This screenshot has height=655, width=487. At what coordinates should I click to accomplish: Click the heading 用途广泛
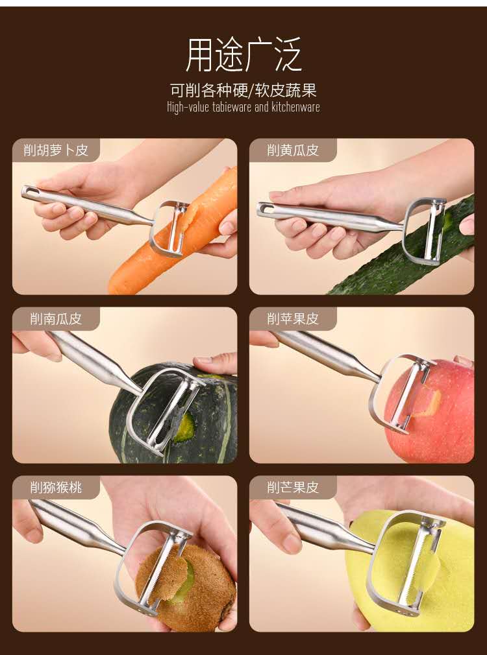[x=243, y=54]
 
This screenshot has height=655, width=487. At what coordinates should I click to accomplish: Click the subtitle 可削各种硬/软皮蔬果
[x=243, y=89]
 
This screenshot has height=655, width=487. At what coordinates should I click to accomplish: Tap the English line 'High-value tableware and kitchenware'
[x=243, y=107]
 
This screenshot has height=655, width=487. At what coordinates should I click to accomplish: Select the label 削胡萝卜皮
[x=56, y=150]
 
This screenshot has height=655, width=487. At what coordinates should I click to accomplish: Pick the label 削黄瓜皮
[x=292, y=150]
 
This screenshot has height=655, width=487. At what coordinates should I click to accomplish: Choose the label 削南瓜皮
[x=56, y=318]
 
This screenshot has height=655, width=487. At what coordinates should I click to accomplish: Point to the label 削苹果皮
[x=292, y=318]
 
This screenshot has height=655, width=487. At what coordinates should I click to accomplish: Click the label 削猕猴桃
[x=56, y=487]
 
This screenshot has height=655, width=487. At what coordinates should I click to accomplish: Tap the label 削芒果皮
[x=292, y=487]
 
